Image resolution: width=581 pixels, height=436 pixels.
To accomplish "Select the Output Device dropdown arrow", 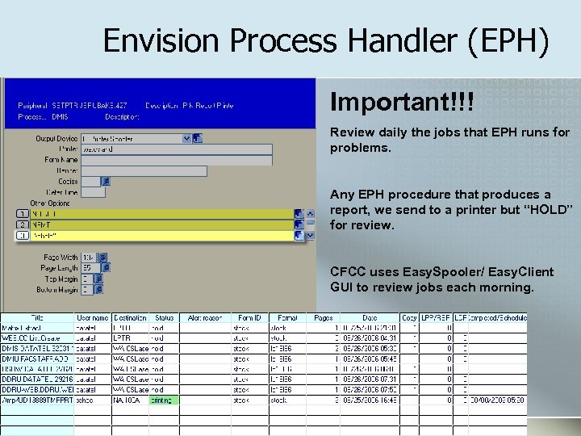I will pos(186,138).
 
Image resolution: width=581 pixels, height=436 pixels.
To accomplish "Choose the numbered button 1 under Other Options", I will pos(23,213).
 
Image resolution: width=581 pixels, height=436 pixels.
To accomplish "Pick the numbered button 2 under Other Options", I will pos(23,224).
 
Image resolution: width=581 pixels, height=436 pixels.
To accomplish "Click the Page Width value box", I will pos(90,258).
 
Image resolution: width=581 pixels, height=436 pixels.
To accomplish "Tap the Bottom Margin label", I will pos(56,289).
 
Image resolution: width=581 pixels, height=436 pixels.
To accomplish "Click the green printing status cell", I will pos(163,400).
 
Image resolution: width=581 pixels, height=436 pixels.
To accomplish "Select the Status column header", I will pos(164,318).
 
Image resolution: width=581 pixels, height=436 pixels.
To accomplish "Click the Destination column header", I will pos(130,318).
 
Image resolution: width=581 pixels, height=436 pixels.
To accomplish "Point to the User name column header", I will pos(93,318).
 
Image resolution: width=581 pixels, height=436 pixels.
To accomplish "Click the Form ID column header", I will pos(249,318).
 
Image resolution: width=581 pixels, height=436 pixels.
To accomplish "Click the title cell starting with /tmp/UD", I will pos(37,400).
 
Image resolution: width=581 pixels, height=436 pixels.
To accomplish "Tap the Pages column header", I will pos(323,318).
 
